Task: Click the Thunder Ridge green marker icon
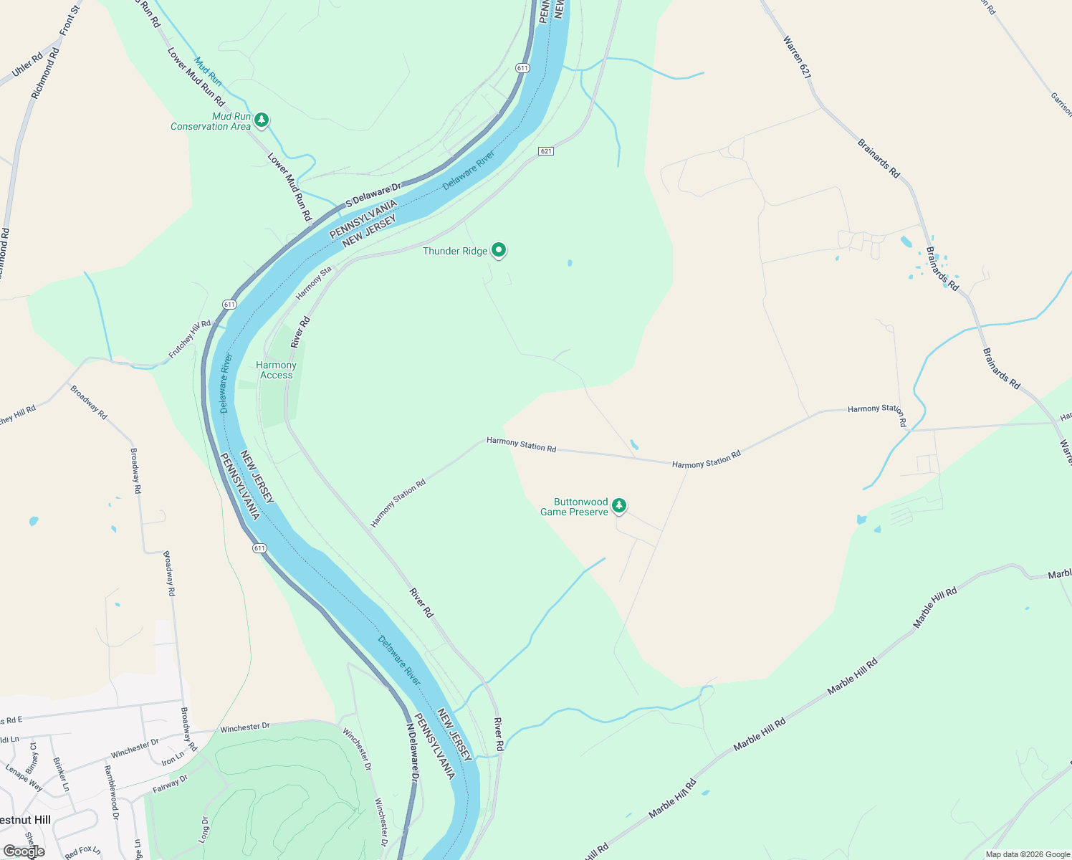pyautogui.click(x=499, y=250)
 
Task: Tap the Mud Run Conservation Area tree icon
pyautogui.click(x=262, y=120)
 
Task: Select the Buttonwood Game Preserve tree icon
pyautogui.click(x=619, y=505)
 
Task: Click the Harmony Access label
pyautogui.click(x=277, y=370)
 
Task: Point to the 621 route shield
pyautogui.click(x=546, y=151)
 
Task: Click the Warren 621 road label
pyautogui.click(x=797, y=57)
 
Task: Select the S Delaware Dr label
pyautogui.click(x=373, y=195)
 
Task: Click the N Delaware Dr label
pyautogui.click(x=412, y=752)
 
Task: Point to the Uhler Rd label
pyautogui.click(x=28, y=64)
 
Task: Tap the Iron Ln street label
pyautogui.click(x=173, y=758)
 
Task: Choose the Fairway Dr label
pyautogui.click(x=170, y=784)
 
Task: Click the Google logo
pyautogui.click(x=24, y=851)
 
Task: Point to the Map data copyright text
pyautogui.click(x=1028, y=854)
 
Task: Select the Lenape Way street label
pyautogui.click(x=24, y=778)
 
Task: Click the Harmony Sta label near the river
pyautogui.click(x=314, y=283)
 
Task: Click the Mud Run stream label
pyautogui.click(x=208, y=71)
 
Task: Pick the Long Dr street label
pyautogui.click(x=205, y=829)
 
